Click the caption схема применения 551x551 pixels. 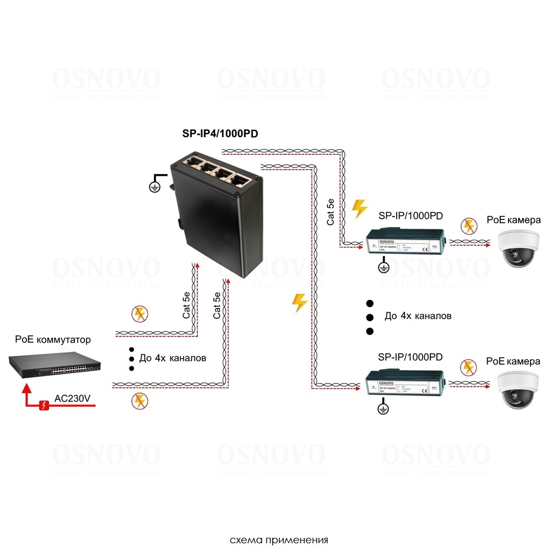click(x=279, y=539)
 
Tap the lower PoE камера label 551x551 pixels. click(x=513, y=362)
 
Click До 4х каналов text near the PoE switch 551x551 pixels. click(x=173, y=358)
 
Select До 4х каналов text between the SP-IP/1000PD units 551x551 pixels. click(x=418, y=316)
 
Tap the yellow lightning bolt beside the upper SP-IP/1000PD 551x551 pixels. click(x=359, y=208)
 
